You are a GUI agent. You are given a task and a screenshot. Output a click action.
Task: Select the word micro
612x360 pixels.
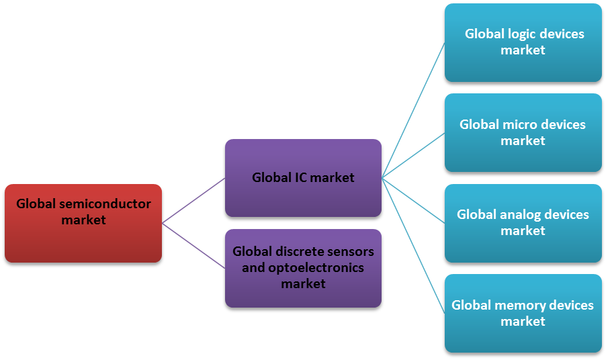click(519, 124)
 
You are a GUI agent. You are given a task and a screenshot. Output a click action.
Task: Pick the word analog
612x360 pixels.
click(527, 214)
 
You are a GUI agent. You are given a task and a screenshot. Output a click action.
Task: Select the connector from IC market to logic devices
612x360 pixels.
click(413, 111)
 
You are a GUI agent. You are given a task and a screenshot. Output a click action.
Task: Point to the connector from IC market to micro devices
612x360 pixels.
click(413, 155)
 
